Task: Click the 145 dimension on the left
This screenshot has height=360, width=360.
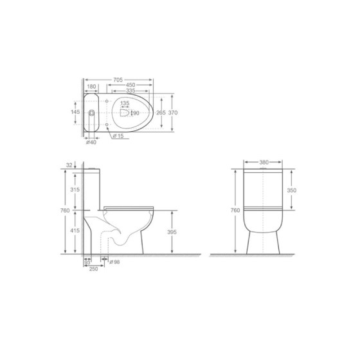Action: pyautogui.click(x=75, y=113)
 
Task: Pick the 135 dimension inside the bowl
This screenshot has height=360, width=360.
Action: pyautogui.click(x=125, y=104)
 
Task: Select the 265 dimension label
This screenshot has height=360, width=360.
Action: pyautogui.click(x=160, y=113)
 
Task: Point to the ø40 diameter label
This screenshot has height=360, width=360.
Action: pyautogui.click(x=91, y=143)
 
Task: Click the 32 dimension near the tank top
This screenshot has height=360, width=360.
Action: pyautogui.click(x=69, y=166)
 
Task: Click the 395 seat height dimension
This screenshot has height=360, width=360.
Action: pyautogui.click(x=171, y=232)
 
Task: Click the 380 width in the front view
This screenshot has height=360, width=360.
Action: pyautogui.click(x=264, y=163)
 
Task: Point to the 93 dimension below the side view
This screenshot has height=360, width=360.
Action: pyautogui.click(x=86, y=262)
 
